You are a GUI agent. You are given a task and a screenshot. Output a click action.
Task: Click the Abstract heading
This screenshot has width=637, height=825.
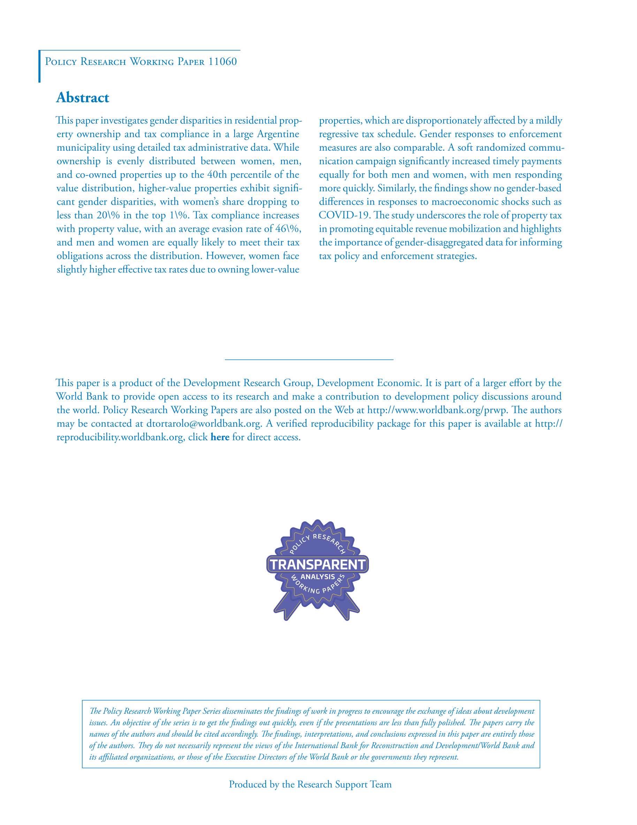click(82, 97)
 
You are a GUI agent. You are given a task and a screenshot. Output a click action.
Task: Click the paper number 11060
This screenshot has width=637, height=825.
click(222, 62)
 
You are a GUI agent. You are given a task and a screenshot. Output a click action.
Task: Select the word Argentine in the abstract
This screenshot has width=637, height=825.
click(278, 134)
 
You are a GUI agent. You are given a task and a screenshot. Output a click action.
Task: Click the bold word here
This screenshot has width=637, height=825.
click(220, 437)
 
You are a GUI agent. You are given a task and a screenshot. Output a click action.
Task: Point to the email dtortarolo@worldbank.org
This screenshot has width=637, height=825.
click(204, 423)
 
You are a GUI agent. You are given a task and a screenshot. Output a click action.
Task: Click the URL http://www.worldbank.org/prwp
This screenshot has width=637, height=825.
click(437, 410)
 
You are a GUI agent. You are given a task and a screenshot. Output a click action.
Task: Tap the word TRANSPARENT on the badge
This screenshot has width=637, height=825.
click(318, 564)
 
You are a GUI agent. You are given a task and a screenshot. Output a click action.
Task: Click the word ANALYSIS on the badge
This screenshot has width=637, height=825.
click(318, 577)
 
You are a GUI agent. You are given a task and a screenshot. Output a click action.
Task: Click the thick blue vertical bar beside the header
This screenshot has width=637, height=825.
click(39, 66)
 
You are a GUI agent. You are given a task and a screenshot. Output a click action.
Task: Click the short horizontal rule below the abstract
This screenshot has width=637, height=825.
click(309, 359)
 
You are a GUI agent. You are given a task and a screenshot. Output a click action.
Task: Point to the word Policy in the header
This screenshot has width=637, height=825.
click(61, 62)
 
